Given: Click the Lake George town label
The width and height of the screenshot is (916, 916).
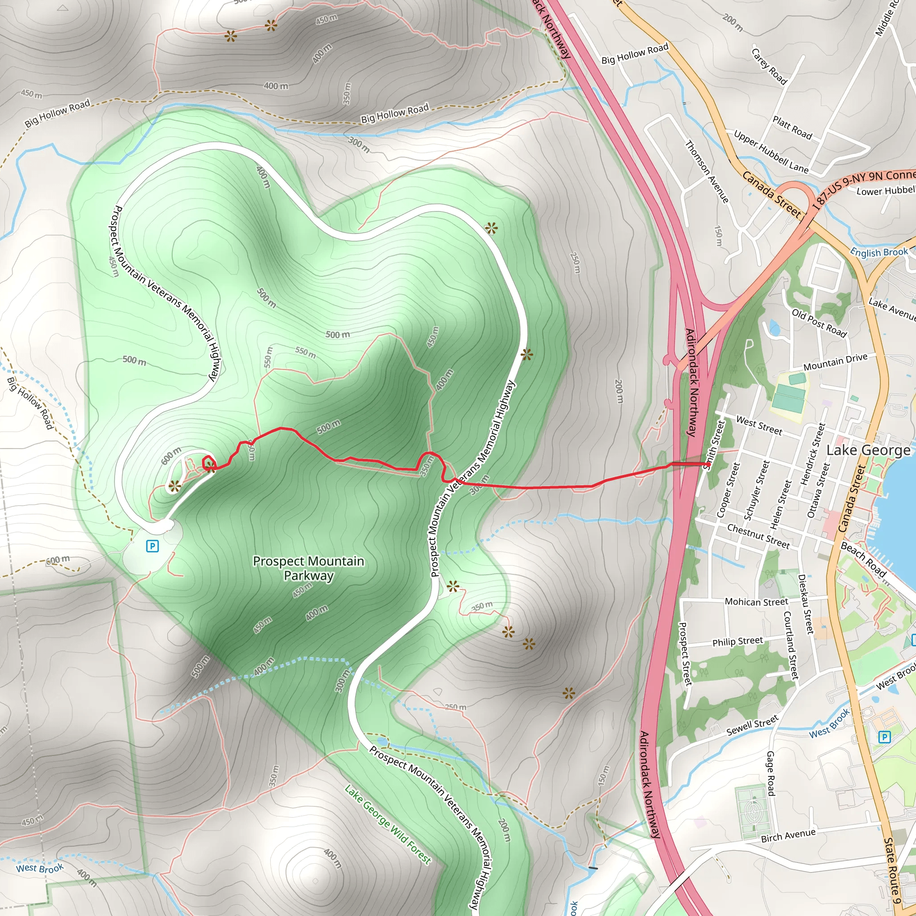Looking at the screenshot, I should [x=868, y=450].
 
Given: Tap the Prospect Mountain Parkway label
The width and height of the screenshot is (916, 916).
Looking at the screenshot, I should [x=309, y=568].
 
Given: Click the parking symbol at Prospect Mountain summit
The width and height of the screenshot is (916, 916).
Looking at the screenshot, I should [x=152, y=546].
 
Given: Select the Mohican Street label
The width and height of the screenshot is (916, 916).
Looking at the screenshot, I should [x=756, y=602].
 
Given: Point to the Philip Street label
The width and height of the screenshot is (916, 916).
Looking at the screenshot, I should [x=737, y=641].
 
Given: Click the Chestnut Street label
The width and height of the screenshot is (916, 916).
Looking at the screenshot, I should [x=758, y=536].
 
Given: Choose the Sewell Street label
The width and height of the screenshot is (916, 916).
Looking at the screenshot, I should [x=752, y=725].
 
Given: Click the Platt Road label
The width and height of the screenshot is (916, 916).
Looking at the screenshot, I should [x=792, y=127].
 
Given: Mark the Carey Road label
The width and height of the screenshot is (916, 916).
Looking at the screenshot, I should [x=769, y=66].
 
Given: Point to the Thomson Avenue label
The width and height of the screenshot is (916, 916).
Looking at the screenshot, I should [x=707, y=172].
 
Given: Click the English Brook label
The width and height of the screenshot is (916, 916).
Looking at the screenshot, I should [x=879, y=252].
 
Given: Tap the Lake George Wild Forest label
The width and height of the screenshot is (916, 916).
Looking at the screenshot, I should [x=387, y=824].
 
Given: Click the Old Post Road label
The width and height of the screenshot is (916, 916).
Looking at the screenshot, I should [x=819, y=323].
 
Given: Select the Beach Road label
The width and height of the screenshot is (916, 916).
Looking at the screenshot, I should [x=863, y=560].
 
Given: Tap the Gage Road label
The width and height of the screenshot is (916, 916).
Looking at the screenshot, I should [x=771, y=773].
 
